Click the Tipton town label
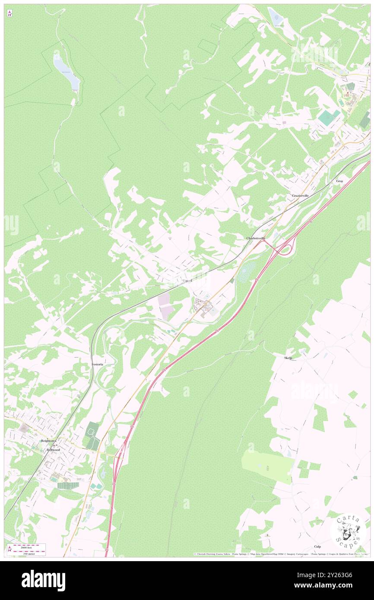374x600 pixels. coord(187,281)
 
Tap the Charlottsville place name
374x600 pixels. coord(255,238)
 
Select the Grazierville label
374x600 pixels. coord(300,196)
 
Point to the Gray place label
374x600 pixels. coord(340,181)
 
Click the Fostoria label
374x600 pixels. coord(97,364)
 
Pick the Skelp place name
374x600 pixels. coord(288,358)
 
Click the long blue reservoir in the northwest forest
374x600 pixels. coord(67,71)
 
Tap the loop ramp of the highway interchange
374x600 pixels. coord(284,249)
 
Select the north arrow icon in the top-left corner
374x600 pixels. coord(10,14)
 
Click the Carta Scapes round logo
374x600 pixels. coord(348,530)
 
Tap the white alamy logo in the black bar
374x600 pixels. coord(43,580)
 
